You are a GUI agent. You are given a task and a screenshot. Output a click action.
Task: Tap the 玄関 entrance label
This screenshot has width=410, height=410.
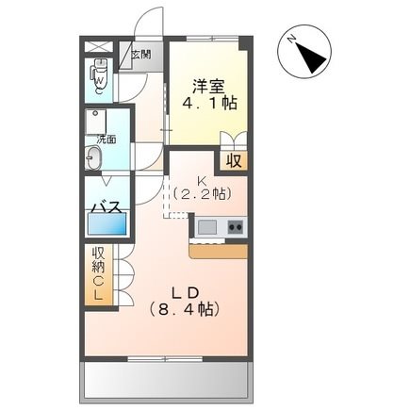(140, 55)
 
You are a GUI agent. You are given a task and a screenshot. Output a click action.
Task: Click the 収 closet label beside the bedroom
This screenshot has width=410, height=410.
(233, 160)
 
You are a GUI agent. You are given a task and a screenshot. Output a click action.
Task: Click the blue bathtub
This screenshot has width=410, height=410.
(106, 225)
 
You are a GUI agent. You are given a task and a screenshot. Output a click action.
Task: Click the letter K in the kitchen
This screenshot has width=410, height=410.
(201, 181)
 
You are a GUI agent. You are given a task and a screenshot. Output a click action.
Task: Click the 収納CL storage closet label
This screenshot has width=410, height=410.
(98, 274)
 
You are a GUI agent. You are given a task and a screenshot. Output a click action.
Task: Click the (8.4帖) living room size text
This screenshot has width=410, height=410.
(185, 308)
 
